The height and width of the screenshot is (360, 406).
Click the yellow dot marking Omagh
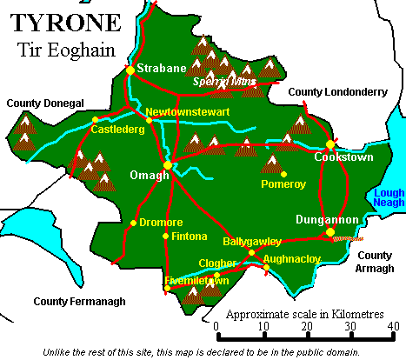click(167, 163)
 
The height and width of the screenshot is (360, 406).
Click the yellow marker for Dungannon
click(329, 231)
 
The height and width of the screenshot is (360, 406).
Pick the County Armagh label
click(376, 263)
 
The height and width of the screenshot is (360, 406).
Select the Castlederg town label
click(116, 130)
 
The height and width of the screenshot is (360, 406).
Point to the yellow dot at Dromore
click(133, 223)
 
